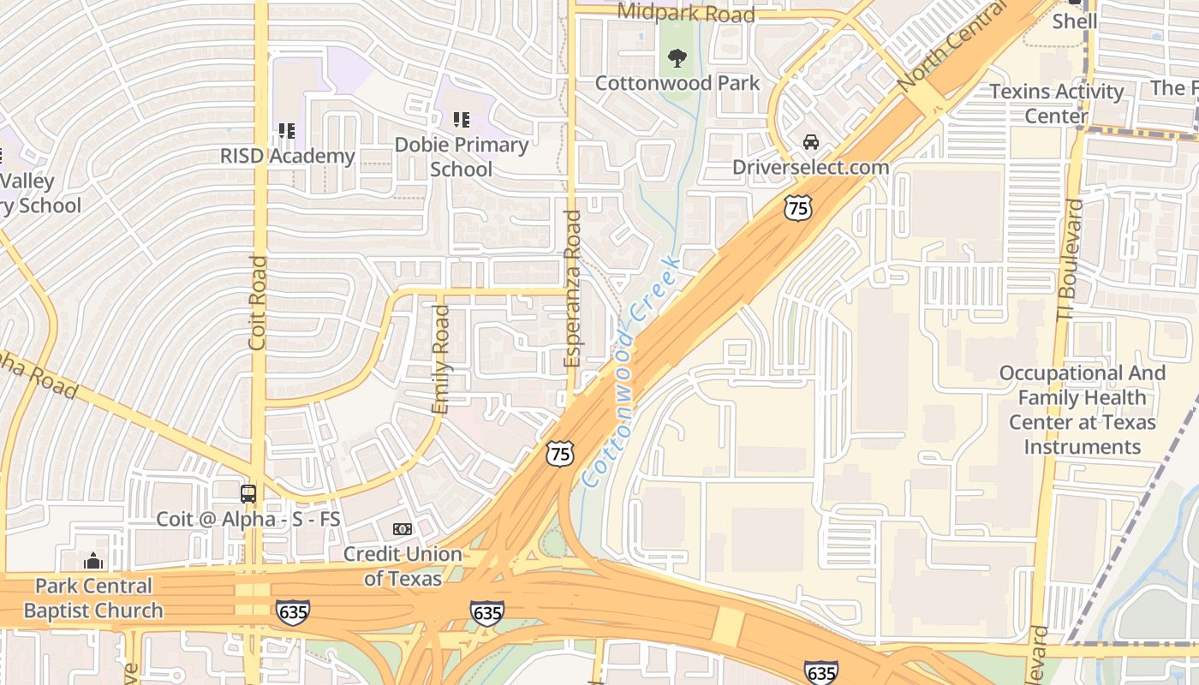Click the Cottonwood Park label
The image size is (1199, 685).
pyautogui.click(x=677, y=83)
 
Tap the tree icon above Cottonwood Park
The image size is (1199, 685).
pyautogui.click(x=677, y=58)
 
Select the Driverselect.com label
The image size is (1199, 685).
pyautogui.click(x=810, y=167)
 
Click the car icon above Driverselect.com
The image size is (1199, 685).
pyautogui.click(x=810, y=142)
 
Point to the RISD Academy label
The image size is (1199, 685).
pyautogui.click(x=287, y=156)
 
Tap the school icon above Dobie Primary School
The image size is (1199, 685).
pyautogui.click(x=461, y=120)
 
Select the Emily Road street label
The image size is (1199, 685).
pyautogui.click(x=441, y=360)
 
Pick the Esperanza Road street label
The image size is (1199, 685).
pyautogui.click(x=573, y=289)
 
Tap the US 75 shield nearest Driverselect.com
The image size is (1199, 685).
pyautogui.click(x=797, y=206)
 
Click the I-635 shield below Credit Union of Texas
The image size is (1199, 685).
pyautogui.click(x=486, y=613)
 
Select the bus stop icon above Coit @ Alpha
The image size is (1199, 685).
pyautogui.click(x=248, y=494)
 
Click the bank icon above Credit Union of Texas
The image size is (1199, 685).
pyautogui.click(x=402, y=530)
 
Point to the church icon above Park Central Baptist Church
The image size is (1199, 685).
pyautogui.click(x=93, y=561)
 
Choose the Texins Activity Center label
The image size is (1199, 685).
pyautogui.click(x=1056, y=103)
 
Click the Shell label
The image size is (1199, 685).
pyautogui.click(x=1074, y=21)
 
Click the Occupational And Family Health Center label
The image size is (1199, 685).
pyautogui.click(x=1083, y=410)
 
